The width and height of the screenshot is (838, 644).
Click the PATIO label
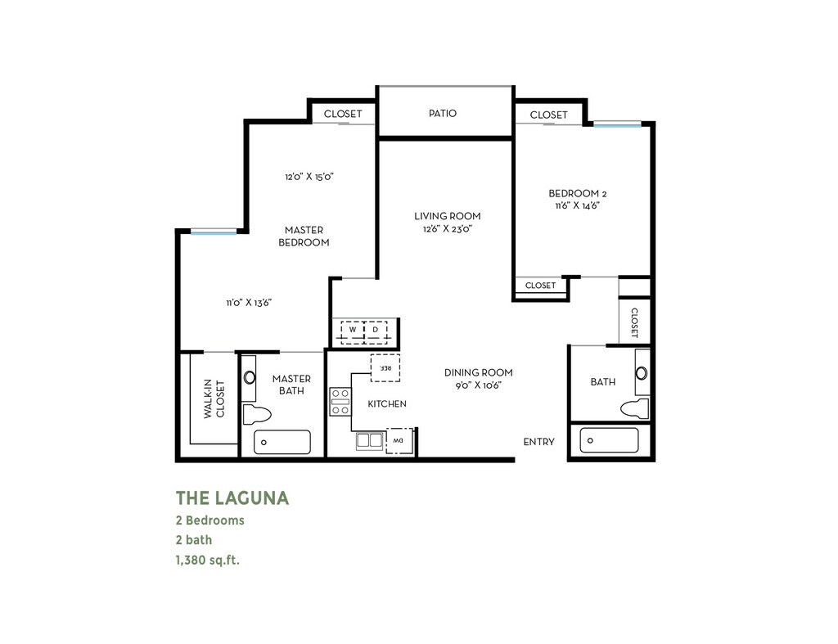coord(443,113)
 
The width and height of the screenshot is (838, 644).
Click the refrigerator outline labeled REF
coord(385,367)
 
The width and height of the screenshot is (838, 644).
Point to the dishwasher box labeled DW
coord(399,441)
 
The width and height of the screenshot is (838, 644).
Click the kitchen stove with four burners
coord(340,402)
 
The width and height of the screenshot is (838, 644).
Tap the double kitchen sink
coord(370,441)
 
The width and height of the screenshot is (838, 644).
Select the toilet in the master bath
coord(257,414)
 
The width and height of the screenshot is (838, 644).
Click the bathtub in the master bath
coord(282,442)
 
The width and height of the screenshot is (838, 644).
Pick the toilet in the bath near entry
coord(635,408)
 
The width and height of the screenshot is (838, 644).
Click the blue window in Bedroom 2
coord(617,125)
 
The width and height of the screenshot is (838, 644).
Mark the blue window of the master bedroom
coord(214,232)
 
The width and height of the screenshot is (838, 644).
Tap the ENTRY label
coord(538,442)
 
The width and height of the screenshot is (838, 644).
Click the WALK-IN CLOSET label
coord(214,399)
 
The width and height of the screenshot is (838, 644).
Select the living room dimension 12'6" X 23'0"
coord(448,229)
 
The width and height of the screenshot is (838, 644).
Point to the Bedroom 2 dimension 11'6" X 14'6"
coord(577,205)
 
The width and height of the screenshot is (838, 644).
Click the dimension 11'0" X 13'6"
coord(249,303)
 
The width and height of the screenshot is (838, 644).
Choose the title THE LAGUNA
coord(232,498)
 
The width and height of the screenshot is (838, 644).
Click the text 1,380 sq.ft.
coord(208,560)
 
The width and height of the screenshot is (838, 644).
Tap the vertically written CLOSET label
coord(634,322)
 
